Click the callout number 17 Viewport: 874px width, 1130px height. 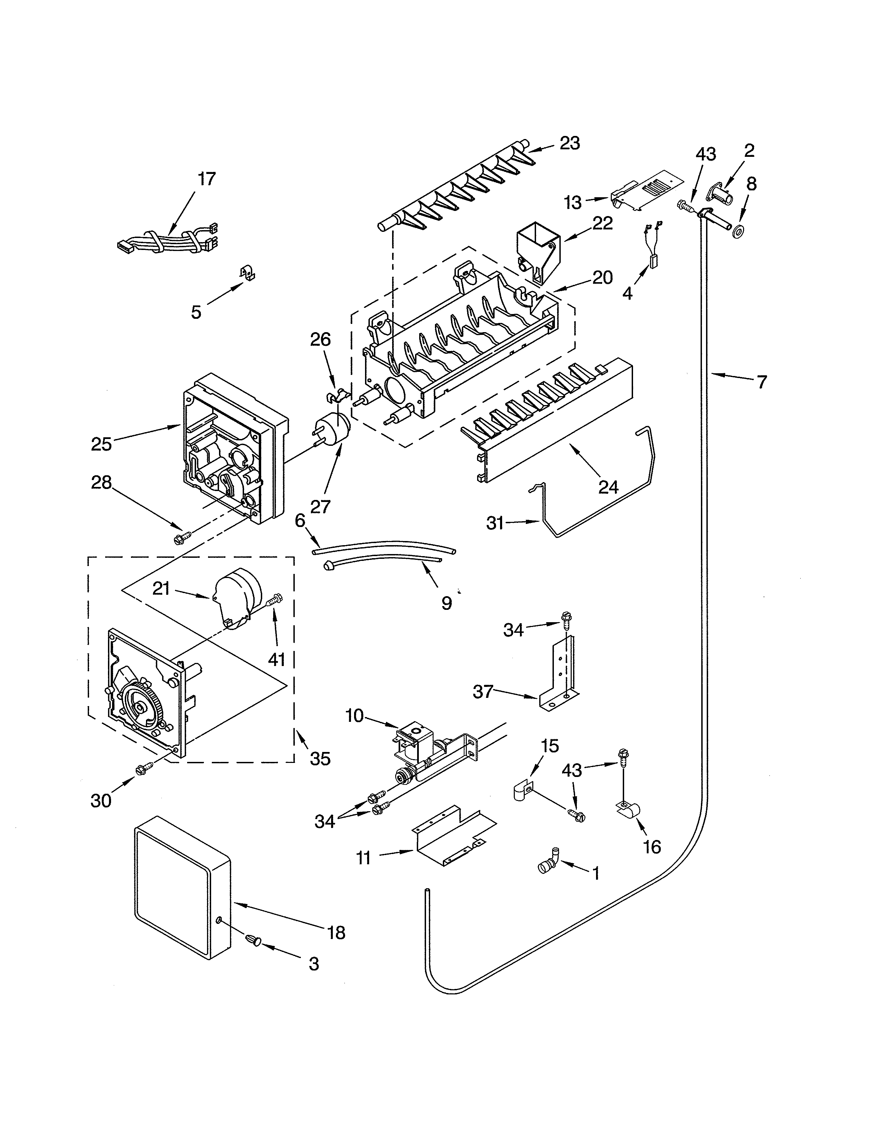(207, 179)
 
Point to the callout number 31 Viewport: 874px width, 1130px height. (495, 524)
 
